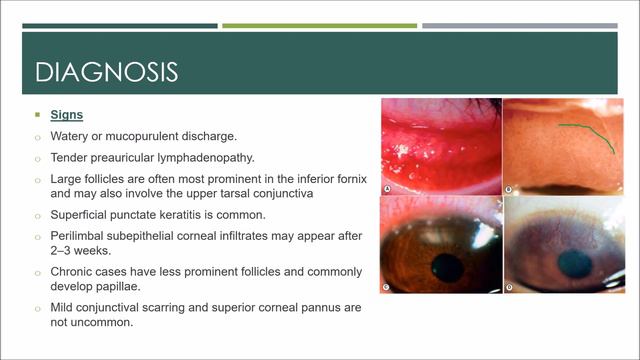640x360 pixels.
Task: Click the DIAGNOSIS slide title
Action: tap(107, 72)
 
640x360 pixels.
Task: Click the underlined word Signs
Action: tap(68, 115)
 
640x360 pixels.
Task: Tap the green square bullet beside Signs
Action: tap(38, 115)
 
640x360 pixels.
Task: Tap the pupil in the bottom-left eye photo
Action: tap(448, 267)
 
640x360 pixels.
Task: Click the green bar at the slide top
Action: tap(319, 25)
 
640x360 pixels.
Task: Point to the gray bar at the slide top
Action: tap(519, 25)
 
